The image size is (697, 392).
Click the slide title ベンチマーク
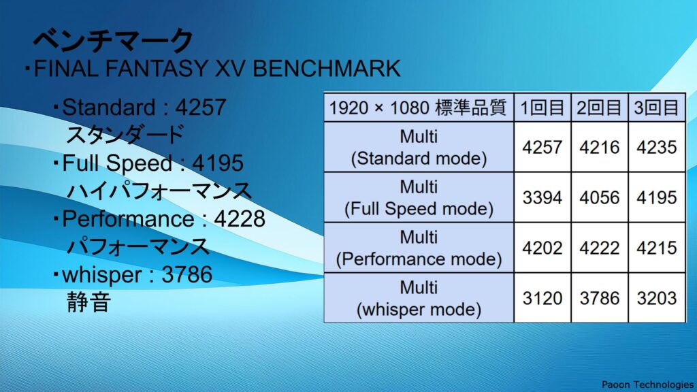coord(113,40)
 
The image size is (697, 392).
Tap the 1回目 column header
coord(542,108)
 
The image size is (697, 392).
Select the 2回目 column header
coord(599,108)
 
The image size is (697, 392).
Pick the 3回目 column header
coord(657,108)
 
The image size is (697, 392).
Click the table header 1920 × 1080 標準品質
coord(418,108)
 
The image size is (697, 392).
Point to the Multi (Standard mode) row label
coord(419,147)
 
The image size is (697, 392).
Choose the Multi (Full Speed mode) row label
coord(419,197)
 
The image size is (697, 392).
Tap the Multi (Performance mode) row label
coord(419,248)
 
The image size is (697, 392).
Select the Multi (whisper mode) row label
coord(419,298)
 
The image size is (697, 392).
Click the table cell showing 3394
coord(542,197)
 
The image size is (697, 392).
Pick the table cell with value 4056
coord(599,197)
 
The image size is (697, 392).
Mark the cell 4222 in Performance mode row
coord(599,248)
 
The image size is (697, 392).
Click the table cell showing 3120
coord(542,298)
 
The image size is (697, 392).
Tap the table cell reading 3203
coord(657,298)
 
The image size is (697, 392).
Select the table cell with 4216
coord(599,147)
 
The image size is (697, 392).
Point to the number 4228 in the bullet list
coord(240,218)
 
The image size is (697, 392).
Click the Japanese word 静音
coord(88,302)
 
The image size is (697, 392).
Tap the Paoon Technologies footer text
coord(648,385)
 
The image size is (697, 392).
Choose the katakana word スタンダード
coord(125,134)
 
